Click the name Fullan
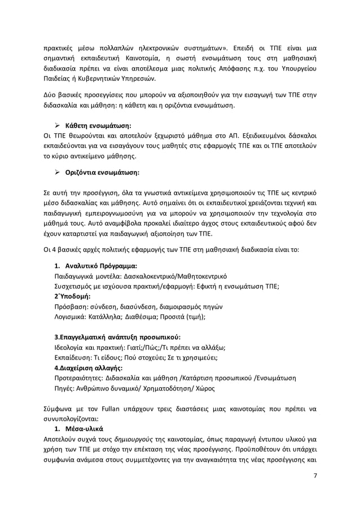click(x=102, y=408)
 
